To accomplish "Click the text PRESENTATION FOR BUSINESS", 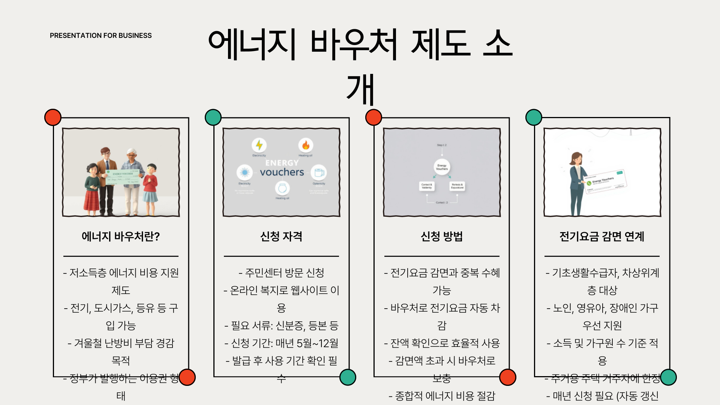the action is click(100, 36).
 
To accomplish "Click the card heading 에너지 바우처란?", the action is click(121, 236).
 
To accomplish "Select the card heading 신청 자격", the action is click(281, 236).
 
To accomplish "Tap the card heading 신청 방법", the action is click(442, 236).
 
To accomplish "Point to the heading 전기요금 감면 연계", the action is click(602, 236).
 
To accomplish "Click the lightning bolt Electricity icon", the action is click(259, 145).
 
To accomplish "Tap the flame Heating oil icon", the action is click(306, 145).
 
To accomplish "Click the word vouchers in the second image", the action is click(282, 172).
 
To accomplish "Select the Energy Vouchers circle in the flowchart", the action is click(442, 167).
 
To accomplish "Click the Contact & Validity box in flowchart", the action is click(427, 186).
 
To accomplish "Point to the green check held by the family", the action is click(123, 177).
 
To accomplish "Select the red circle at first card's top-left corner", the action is click(53, 117).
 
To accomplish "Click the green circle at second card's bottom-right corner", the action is click(348, 377).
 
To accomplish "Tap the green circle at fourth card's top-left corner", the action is click(534, 117).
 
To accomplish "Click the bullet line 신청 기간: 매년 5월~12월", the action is click(281, 343).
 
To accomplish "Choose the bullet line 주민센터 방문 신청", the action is click(281, 273).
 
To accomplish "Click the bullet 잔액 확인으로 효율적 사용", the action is click(442, 343).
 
